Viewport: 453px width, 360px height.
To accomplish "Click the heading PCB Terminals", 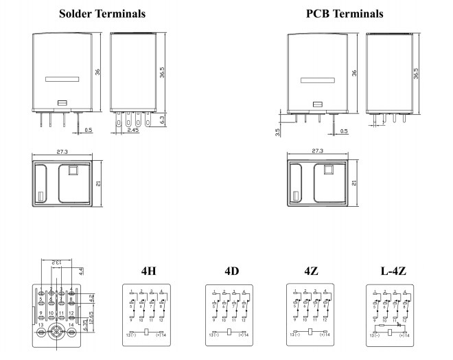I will click(x=344, y=13).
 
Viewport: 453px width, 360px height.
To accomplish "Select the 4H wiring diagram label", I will click(x=148, y=271).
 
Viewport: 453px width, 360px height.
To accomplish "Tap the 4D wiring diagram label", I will click(x=231, y=271).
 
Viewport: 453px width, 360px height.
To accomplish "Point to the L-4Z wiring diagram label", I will click(x=393, y=271).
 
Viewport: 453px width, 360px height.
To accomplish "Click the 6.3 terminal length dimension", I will click(x=162, y=120).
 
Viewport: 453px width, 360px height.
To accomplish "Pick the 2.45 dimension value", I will click(x=133, y=129).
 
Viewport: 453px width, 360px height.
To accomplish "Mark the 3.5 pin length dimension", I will click(x=277, y=130).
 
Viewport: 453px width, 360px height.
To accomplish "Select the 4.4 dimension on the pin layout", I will click(x=80, y=271).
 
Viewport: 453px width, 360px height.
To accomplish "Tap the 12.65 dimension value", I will click(x=91, y=316).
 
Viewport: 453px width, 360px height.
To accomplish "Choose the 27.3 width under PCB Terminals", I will click(x=317, y=151).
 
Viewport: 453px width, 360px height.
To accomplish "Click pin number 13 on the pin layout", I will click(x=40, y=325).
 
